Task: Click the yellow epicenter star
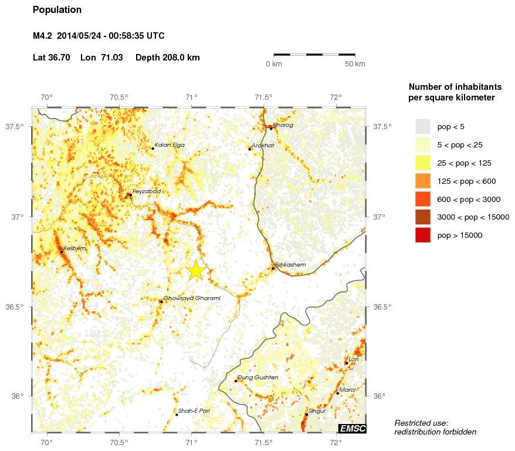coord(196,270)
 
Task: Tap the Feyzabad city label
coord(146,191)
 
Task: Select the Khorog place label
coord(283,125)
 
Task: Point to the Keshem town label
coord(74,248)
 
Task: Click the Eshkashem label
coord(290,265)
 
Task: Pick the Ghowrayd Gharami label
coord(192,298)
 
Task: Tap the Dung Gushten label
coord(257,378)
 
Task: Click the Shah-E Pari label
coord(194,411)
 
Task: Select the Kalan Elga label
coord(169,144)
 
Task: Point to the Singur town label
coord(317,411)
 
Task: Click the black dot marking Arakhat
coord(249,149)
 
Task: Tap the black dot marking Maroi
coord(337,393)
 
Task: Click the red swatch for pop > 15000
coord(422,235)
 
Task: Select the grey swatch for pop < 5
coord(422,126)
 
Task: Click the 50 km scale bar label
coord(355,63)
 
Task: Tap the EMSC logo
coord(352,429)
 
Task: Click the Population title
coord(57,10)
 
